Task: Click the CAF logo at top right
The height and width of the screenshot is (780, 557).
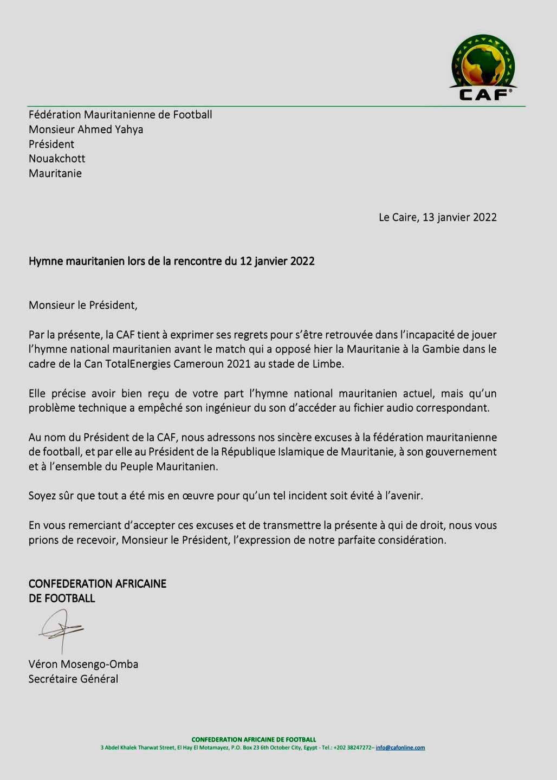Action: (483, 68)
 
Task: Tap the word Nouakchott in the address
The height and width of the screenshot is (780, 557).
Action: (57, 159)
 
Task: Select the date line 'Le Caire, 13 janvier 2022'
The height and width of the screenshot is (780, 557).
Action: (437, 217)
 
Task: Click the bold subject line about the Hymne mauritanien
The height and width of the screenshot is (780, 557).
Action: (171, 261)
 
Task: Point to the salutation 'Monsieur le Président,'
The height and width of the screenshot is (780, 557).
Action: (83, 305)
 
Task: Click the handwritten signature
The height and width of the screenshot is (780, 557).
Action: (61, 630)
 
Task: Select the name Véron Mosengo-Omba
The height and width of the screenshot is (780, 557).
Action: (83, 664)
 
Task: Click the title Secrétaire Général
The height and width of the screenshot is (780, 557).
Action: (73, 679)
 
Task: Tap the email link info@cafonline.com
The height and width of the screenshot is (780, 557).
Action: (400, 747)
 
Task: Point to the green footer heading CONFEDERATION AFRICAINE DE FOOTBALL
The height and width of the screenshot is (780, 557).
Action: (254, 739)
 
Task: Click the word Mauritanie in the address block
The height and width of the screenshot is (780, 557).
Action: (55, 173)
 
